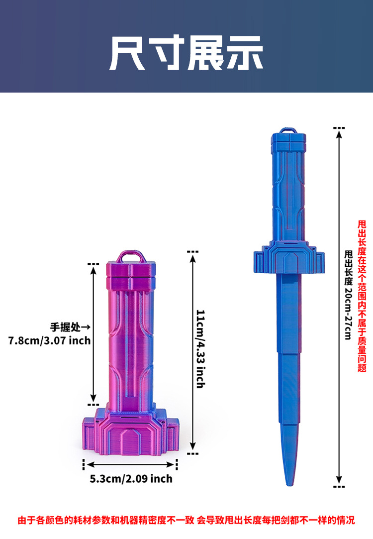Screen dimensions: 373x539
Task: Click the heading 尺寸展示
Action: [186, 53]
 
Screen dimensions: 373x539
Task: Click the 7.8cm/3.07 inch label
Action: [49, 340]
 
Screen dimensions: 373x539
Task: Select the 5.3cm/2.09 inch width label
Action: [131, 478]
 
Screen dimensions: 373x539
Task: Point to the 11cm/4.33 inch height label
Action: [200, 349]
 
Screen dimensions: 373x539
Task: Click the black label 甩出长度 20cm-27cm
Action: [348, 295]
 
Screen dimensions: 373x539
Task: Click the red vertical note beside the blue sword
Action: [362, 296]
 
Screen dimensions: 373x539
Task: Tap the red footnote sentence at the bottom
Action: [186, 520]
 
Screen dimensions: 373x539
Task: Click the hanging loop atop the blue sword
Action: [288, 131]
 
